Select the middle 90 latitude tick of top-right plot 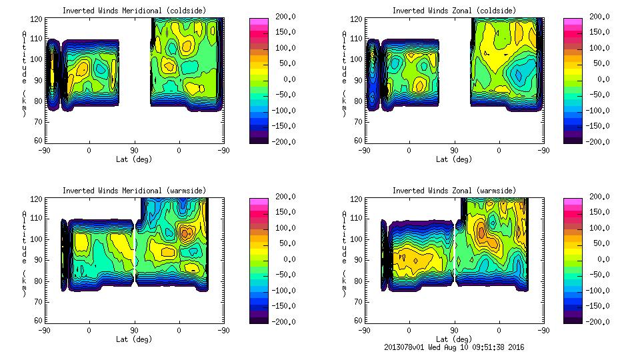pyautogui.click(x=454, y=150)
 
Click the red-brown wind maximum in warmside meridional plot pyautogui.click(x=186, y=233)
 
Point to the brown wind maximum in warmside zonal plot pyautogui.click(x=482, y=232)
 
